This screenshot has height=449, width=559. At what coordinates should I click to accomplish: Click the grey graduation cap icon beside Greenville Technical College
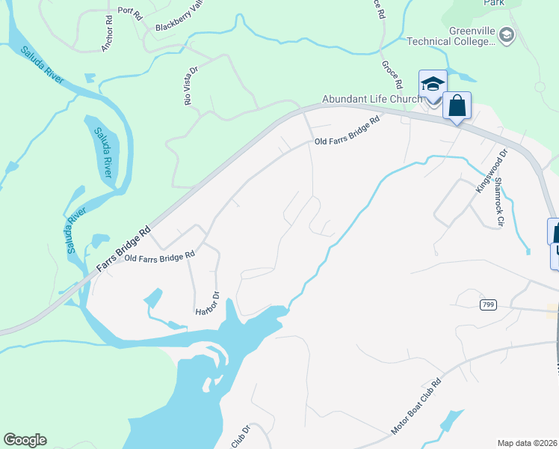pyautogui.click(x=507, y=35)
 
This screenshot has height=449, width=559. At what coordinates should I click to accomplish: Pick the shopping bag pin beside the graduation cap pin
pyautogui.click(x=457, y=106)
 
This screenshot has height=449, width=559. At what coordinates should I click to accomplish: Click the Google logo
pyautogui.click(x=25, y=440)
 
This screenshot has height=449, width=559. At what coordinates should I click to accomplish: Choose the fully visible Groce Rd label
pyautogui.click(x=392, y=75)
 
